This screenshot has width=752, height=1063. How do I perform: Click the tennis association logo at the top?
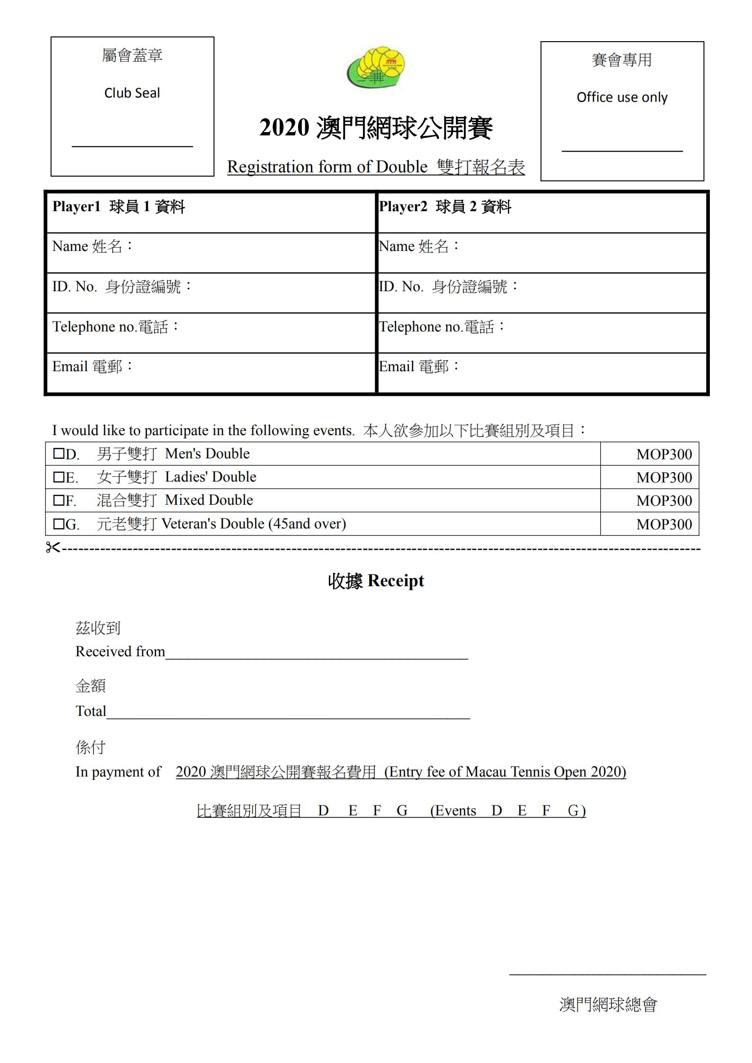[x=376, y=68]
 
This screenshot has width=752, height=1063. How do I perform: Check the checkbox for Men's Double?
[x=58, y=454]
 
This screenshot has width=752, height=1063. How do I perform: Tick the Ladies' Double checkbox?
[x=58, y=477]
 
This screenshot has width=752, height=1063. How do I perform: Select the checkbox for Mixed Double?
[x=58, y=500]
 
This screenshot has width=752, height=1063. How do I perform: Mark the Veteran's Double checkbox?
[x=58, y=524]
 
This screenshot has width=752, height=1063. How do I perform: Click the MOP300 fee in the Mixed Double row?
[x=663, y=500]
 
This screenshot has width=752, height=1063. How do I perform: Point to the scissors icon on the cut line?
[x=53, y=548]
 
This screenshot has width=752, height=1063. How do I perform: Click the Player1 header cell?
[x=118, y=207]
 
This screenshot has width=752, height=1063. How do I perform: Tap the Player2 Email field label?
[x=419, y=366]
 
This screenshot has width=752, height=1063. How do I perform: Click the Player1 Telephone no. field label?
[x=116, y=327]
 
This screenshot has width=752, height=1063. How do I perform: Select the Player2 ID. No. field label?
[x=448, y=286]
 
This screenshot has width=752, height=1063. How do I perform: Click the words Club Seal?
[x=132, y=93]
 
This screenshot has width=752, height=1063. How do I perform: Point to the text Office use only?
[x=622, y=98]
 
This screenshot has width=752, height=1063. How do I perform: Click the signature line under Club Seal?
[x=132, y=146]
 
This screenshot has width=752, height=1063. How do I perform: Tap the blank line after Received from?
[x=317, y=658]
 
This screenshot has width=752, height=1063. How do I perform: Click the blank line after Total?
[x=288, y=718]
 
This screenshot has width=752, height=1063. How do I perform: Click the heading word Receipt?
[x=395, y=581]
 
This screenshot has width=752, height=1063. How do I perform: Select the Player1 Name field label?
[x=93, y=246]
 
